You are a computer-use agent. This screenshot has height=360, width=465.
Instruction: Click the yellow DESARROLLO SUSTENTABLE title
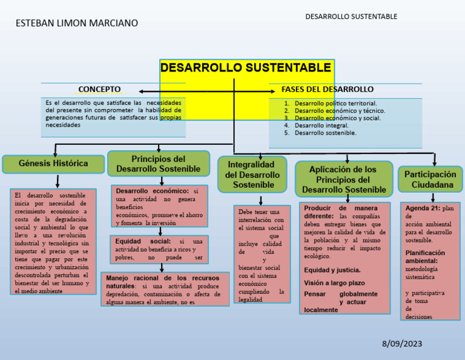[x=246, y=67]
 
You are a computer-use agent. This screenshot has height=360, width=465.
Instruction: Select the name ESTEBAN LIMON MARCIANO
[x=76, y=23]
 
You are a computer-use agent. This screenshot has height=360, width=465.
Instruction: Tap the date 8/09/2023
[x=402, y=344]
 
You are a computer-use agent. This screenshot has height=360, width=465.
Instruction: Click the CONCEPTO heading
[x=99, y=89]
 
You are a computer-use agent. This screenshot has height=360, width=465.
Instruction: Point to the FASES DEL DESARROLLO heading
[x=328, y=89]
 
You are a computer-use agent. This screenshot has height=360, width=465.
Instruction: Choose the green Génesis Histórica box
[x=53, y=164]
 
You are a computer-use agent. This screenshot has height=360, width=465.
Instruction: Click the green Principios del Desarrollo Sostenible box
[x=158, y=164]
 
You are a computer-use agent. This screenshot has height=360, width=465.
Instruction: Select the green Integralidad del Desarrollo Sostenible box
[x=252, y=175]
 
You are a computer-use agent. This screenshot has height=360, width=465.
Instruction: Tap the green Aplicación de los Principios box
[x=344, y=179]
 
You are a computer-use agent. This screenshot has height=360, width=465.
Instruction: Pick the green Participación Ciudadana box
[x=432, y=179]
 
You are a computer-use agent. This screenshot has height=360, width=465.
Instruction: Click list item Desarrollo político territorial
[x=335, y=104]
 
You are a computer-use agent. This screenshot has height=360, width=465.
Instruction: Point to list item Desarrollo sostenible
[x=325, y=133]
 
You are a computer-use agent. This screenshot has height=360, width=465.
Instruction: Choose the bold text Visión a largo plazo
[x=334, y=283]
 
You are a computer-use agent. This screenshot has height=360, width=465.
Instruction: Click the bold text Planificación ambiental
[x=424, y=256]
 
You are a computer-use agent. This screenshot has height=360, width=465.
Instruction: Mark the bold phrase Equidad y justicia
[x=332, y=270]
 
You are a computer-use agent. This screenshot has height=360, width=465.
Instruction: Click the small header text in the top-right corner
[x=351, y=16]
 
